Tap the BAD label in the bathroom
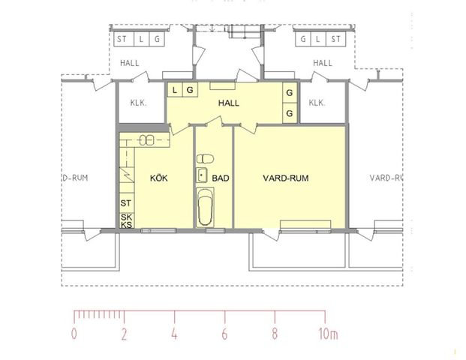tap(221, 178)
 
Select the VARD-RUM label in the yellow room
tap(286, 178)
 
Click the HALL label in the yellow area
tap(228, 103)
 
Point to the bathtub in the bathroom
tap(204, 208)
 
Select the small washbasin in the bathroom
tap(202, 175)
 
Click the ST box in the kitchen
tap(126, 202)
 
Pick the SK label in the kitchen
tap(126, 216)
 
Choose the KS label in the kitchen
tap(126, 225)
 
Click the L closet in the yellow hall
tap(175, 90)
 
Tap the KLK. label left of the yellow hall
tap(138, 103)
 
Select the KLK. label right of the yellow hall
tap(317, 103)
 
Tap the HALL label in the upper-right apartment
tap(323, 63)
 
